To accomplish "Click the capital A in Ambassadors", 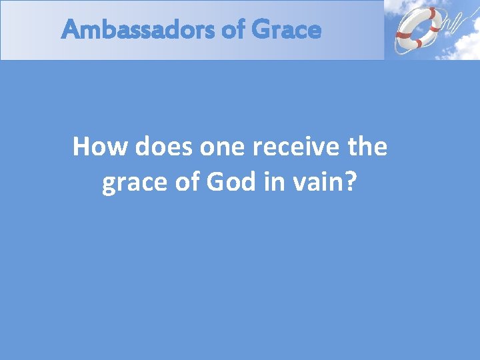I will coord(69,30).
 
